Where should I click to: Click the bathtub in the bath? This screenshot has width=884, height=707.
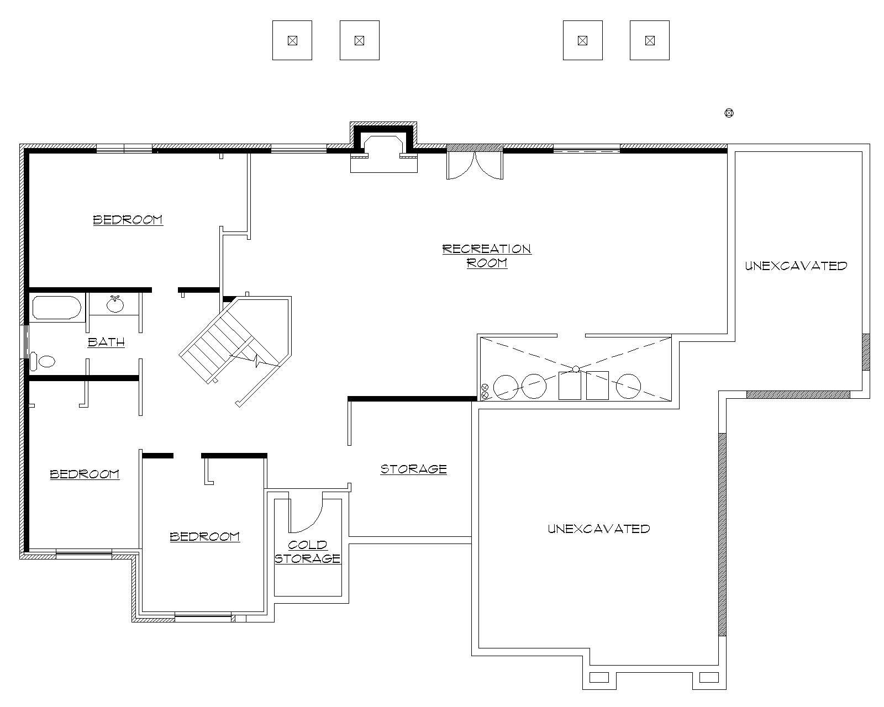(57, 308)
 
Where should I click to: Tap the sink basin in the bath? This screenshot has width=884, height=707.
(115, 304)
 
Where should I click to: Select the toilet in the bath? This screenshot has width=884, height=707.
(43, 361)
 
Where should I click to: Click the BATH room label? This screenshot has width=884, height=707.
(106, 342)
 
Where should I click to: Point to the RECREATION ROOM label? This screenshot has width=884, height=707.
(487, 256)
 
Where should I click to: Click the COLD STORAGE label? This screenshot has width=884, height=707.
(308, 552)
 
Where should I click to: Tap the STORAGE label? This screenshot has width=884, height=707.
(413, 469)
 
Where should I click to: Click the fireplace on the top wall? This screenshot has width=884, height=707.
(383, 145)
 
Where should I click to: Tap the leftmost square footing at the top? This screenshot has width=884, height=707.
(292, 40)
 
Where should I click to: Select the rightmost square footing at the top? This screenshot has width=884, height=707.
(650, 40)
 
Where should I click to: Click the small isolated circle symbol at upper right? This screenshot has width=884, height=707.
(729, 113)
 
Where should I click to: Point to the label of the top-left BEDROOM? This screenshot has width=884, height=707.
(128, 220)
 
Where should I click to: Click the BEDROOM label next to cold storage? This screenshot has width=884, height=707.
(204, 536)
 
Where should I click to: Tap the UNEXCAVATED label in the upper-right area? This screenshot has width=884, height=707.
(796, 266)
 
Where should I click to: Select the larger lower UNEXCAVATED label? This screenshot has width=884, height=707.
(598, 529)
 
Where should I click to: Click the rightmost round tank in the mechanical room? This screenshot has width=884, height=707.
(628, 386)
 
